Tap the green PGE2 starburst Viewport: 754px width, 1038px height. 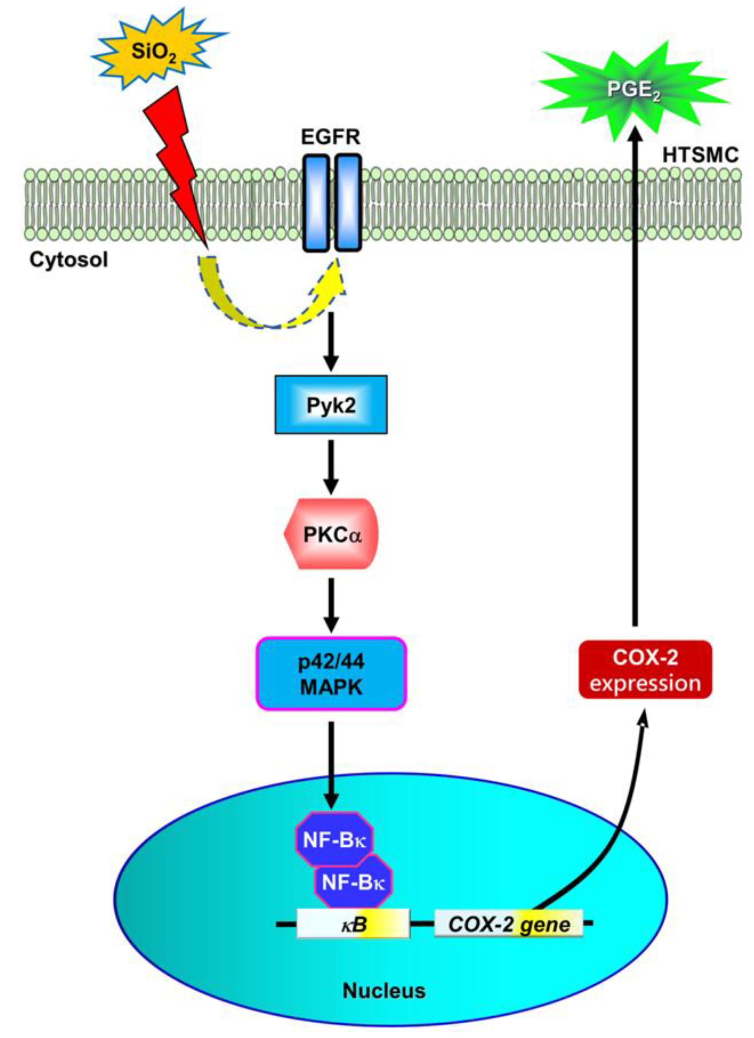(x=634, y=90)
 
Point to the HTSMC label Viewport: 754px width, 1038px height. (x=700, y=155)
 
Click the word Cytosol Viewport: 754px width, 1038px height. (x=69, y=260)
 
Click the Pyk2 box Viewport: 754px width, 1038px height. (x=331, y=404)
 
